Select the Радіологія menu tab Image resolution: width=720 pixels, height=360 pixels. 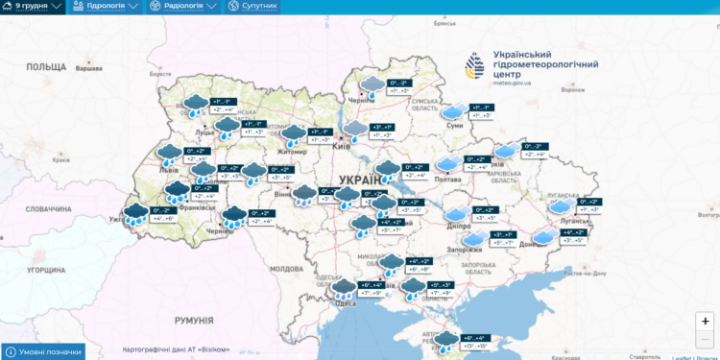(182, 7)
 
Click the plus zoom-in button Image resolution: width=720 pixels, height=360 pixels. (705, 322)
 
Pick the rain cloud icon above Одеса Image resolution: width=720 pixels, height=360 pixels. (343, 286)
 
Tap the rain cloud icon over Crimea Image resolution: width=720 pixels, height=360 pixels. (444, 339)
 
